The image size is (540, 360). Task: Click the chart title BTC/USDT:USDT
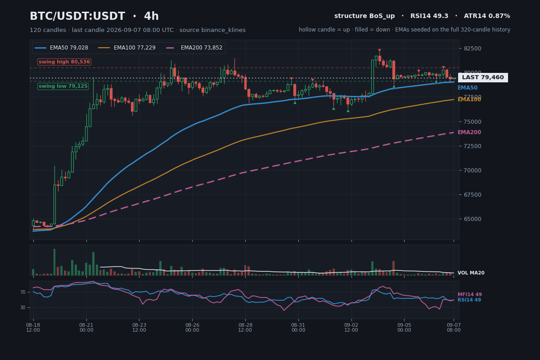77,16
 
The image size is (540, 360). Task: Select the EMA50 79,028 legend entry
62,48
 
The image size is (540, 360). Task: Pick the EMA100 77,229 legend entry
127,48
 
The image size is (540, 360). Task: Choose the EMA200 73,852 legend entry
194,48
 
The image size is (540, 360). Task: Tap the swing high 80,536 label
64,62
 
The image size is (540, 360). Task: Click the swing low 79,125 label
63,86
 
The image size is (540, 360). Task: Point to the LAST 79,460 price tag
483,77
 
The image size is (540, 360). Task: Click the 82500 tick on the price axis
472,49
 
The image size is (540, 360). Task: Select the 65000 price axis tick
472,219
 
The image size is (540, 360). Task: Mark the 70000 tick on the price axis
472,170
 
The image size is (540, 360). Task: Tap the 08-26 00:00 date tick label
192,328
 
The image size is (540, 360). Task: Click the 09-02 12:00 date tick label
351,328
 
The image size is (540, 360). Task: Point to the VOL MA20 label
471,273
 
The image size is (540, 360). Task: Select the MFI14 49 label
470,294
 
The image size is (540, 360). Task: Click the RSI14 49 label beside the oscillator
469,300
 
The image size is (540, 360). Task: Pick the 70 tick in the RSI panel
23,292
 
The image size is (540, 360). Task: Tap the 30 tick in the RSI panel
23,307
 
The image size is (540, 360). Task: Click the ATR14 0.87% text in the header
487,16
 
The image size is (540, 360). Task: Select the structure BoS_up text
364,16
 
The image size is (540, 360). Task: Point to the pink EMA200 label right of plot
469,132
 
